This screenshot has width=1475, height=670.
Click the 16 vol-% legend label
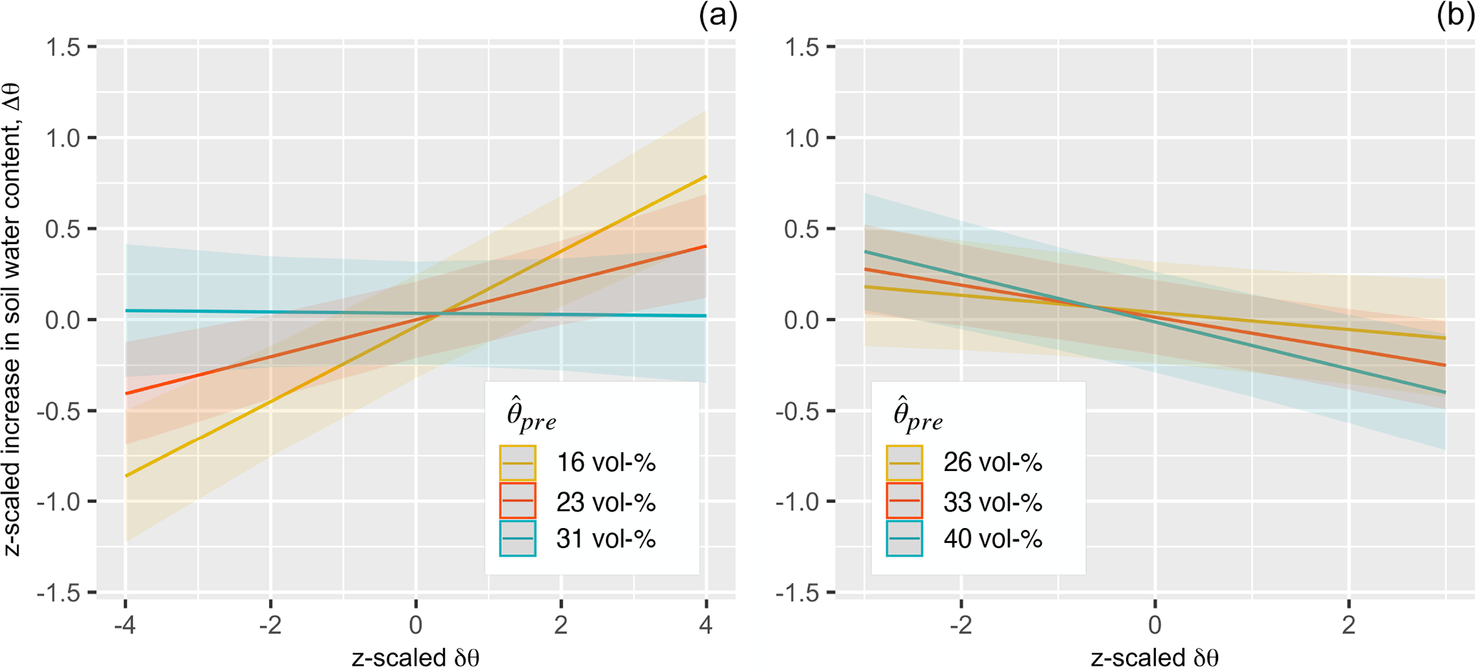[606, 462]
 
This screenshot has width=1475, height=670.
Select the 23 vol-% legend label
[606, 502]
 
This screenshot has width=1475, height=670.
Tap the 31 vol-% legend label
[606, 538]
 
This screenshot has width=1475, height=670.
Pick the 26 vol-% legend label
[993, 462]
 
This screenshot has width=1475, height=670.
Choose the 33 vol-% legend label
[993, 502]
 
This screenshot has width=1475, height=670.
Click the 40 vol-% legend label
[993, 538]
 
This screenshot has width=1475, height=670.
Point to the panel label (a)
[718, 15]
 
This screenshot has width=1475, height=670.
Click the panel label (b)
[1455, 15]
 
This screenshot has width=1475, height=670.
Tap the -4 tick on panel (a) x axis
[125, 626]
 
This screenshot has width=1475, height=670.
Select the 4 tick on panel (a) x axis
[706, 626]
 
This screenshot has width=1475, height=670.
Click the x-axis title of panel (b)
[1154, 657]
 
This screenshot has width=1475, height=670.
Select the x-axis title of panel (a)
[415, 657]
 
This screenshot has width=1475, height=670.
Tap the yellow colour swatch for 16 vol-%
[517, 463]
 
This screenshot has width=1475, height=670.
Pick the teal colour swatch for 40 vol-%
[904, 538]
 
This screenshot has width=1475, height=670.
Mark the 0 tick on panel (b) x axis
[1155, 626]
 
